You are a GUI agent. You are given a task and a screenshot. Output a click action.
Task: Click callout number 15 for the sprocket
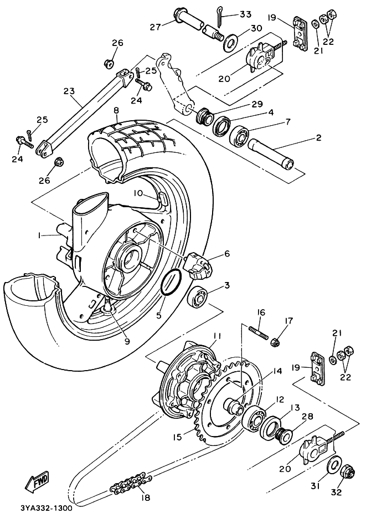tap(177, 437)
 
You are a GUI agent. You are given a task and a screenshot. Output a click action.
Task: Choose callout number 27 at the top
tap(153, 27)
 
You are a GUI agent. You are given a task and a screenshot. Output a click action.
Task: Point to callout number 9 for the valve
tap(127, 341)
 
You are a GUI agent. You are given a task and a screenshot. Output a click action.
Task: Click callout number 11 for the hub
tap(217, 336)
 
